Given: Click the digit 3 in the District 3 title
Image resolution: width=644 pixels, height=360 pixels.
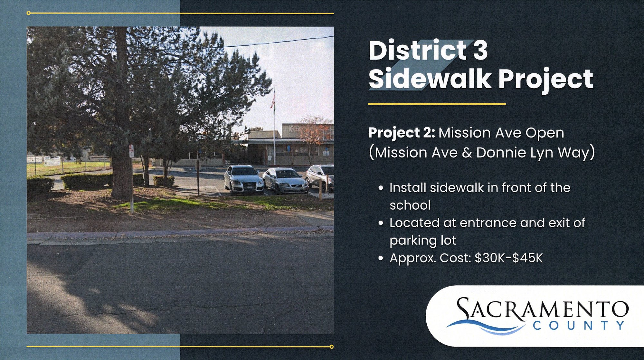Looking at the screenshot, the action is [480, 50].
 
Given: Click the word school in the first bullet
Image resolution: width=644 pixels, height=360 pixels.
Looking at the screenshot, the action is [410, 205].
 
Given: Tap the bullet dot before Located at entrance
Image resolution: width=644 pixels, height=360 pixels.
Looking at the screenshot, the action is [381, 223].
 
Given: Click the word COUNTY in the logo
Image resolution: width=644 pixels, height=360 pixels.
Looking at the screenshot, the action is [579, 325].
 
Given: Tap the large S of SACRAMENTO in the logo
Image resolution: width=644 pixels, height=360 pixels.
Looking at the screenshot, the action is [466, 309].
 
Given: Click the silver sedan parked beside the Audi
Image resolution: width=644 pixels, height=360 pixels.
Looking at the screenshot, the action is [285, 180].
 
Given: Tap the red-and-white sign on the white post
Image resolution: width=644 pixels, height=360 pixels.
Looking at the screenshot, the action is [131, 151].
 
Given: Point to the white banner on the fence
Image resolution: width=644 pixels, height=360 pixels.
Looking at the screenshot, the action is [52, 161].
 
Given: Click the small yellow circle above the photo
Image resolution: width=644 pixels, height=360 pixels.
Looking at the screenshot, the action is [29, 13].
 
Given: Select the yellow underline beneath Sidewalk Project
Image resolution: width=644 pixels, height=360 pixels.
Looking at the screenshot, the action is [437, 104].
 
